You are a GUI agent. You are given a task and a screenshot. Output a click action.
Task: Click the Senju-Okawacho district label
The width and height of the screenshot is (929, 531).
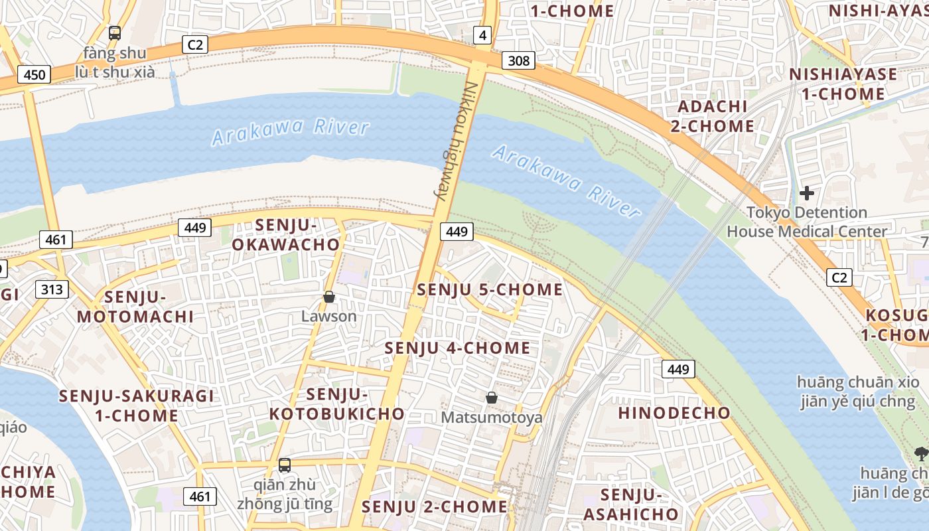286,235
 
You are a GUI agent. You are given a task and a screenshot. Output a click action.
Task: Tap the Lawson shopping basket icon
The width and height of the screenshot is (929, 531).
329,297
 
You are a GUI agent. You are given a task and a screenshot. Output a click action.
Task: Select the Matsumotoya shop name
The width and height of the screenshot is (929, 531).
492,417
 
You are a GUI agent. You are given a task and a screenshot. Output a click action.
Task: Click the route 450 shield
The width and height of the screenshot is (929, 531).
34,74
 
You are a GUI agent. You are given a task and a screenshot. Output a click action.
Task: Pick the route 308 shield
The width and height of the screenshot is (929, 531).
518,61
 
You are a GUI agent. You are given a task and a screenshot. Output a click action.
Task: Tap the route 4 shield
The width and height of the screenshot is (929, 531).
482,36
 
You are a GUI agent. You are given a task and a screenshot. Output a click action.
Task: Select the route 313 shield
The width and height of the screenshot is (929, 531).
52,289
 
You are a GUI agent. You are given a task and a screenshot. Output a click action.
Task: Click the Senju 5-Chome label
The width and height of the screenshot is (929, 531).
490,290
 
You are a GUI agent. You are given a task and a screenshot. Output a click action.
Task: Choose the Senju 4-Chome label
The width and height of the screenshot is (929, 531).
458,348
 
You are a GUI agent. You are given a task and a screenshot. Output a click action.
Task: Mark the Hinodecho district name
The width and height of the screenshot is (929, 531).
674,413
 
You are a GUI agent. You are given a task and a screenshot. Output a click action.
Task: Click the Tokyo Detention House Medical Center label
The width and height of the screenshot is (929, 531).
807,222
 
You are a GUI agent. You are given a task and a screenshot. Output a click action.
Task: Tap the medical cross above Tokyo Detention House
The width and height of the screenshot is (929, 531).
807,193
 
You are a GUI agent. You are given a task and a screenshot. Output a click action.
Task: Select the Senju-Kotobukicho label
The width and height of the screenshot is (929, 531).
337,404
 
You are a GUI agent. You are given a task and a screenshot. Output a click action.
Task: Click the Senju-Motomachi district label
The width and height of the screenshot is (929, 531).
135,306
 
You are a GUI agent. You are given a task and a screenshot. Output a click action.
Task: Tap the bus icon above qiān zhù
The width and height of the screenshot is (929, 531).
285,465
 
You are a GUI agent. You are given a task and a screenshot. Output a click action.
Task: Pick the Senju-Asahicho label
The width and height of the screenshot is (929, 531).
631,504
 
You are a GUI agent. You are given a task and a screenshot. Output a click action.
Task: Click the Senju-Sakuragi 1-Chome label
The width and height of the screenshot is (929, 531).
137,406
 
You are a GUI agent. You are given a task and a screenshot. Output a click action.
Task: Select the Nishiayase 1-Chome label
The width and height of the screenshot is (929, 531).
843,84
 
